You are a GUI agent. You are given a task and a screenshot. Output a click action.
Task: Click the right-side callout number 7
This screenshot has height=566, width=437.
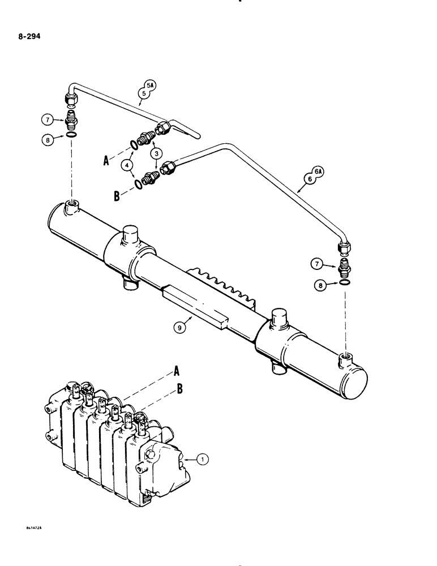pyautogui.click(x=318, y=264)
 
